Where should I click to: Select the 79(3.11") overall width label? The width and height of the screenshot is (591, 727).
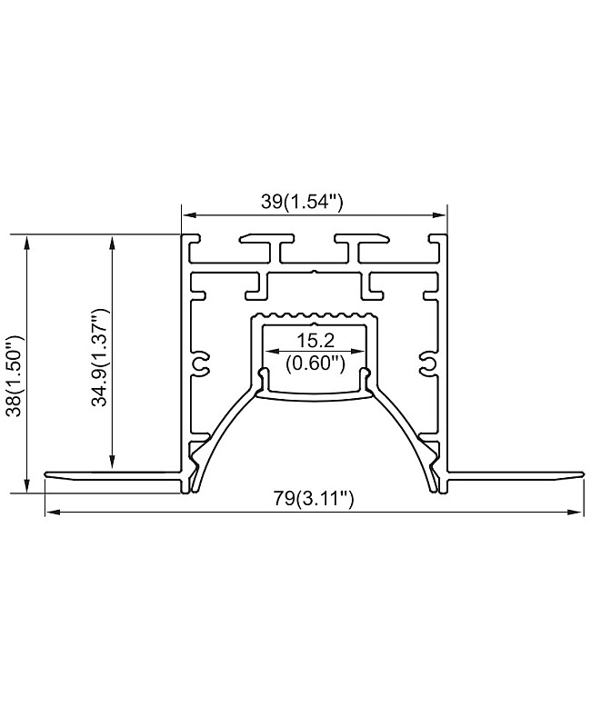(x=315, y=498)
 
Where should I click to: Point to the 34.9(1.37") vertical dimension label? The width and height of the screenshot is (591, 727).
(x=101, y=357)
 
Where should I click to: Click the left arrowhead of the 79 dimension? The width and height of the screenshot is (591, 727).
(x=51, y=513)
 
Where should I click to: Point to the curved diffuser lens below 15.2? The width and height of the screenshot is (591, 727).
(x=315, y=393)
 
